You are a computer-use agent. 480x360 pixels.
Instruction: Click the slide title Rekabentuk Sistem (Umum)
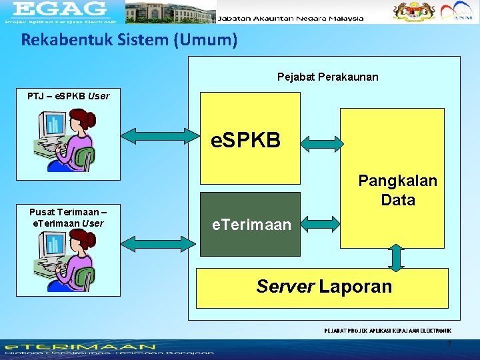pos(129,40)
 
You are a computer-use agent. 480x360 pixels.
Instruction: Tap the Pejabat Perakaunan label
pos(327,77)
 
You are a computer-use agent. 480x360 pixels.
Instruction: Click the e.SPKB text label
pos(245,141)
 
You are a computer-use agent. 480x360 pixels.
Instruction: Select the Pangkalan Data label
pos(397,190)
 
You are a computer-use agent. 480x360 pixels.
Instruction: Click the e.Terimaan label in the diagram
pos(251,225)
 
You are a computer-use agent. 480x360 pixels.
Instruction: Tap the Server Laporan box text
pos(324,287)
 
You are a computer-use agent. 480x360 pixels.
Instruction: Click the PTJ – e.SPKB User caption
pos(68,96)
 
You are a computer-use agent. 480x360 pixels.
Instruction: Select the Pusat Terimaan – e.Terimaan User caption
pos(68,218)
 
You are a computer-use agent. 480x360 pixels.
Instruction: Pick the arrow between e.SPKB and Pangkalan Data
pos(321,141)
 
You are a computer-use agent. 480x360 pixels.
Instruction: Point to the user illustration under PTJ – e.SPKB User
pos(67,141)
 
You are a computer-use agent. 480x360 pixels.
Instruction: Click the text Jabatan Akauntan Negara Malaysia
pos(291,18)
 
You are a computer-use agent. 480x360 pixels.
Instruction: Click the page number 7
pos(449,345)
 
